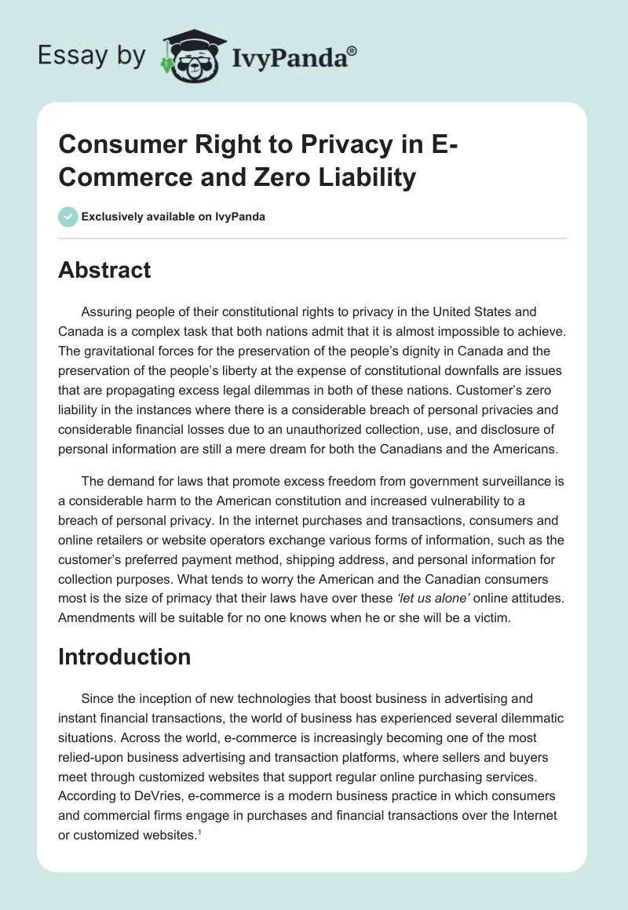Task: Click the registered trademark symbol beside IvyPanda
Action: pos(352,50)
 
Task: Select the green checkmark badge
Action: pos(68,217)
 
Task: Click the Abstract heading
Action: pos(104,270)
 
